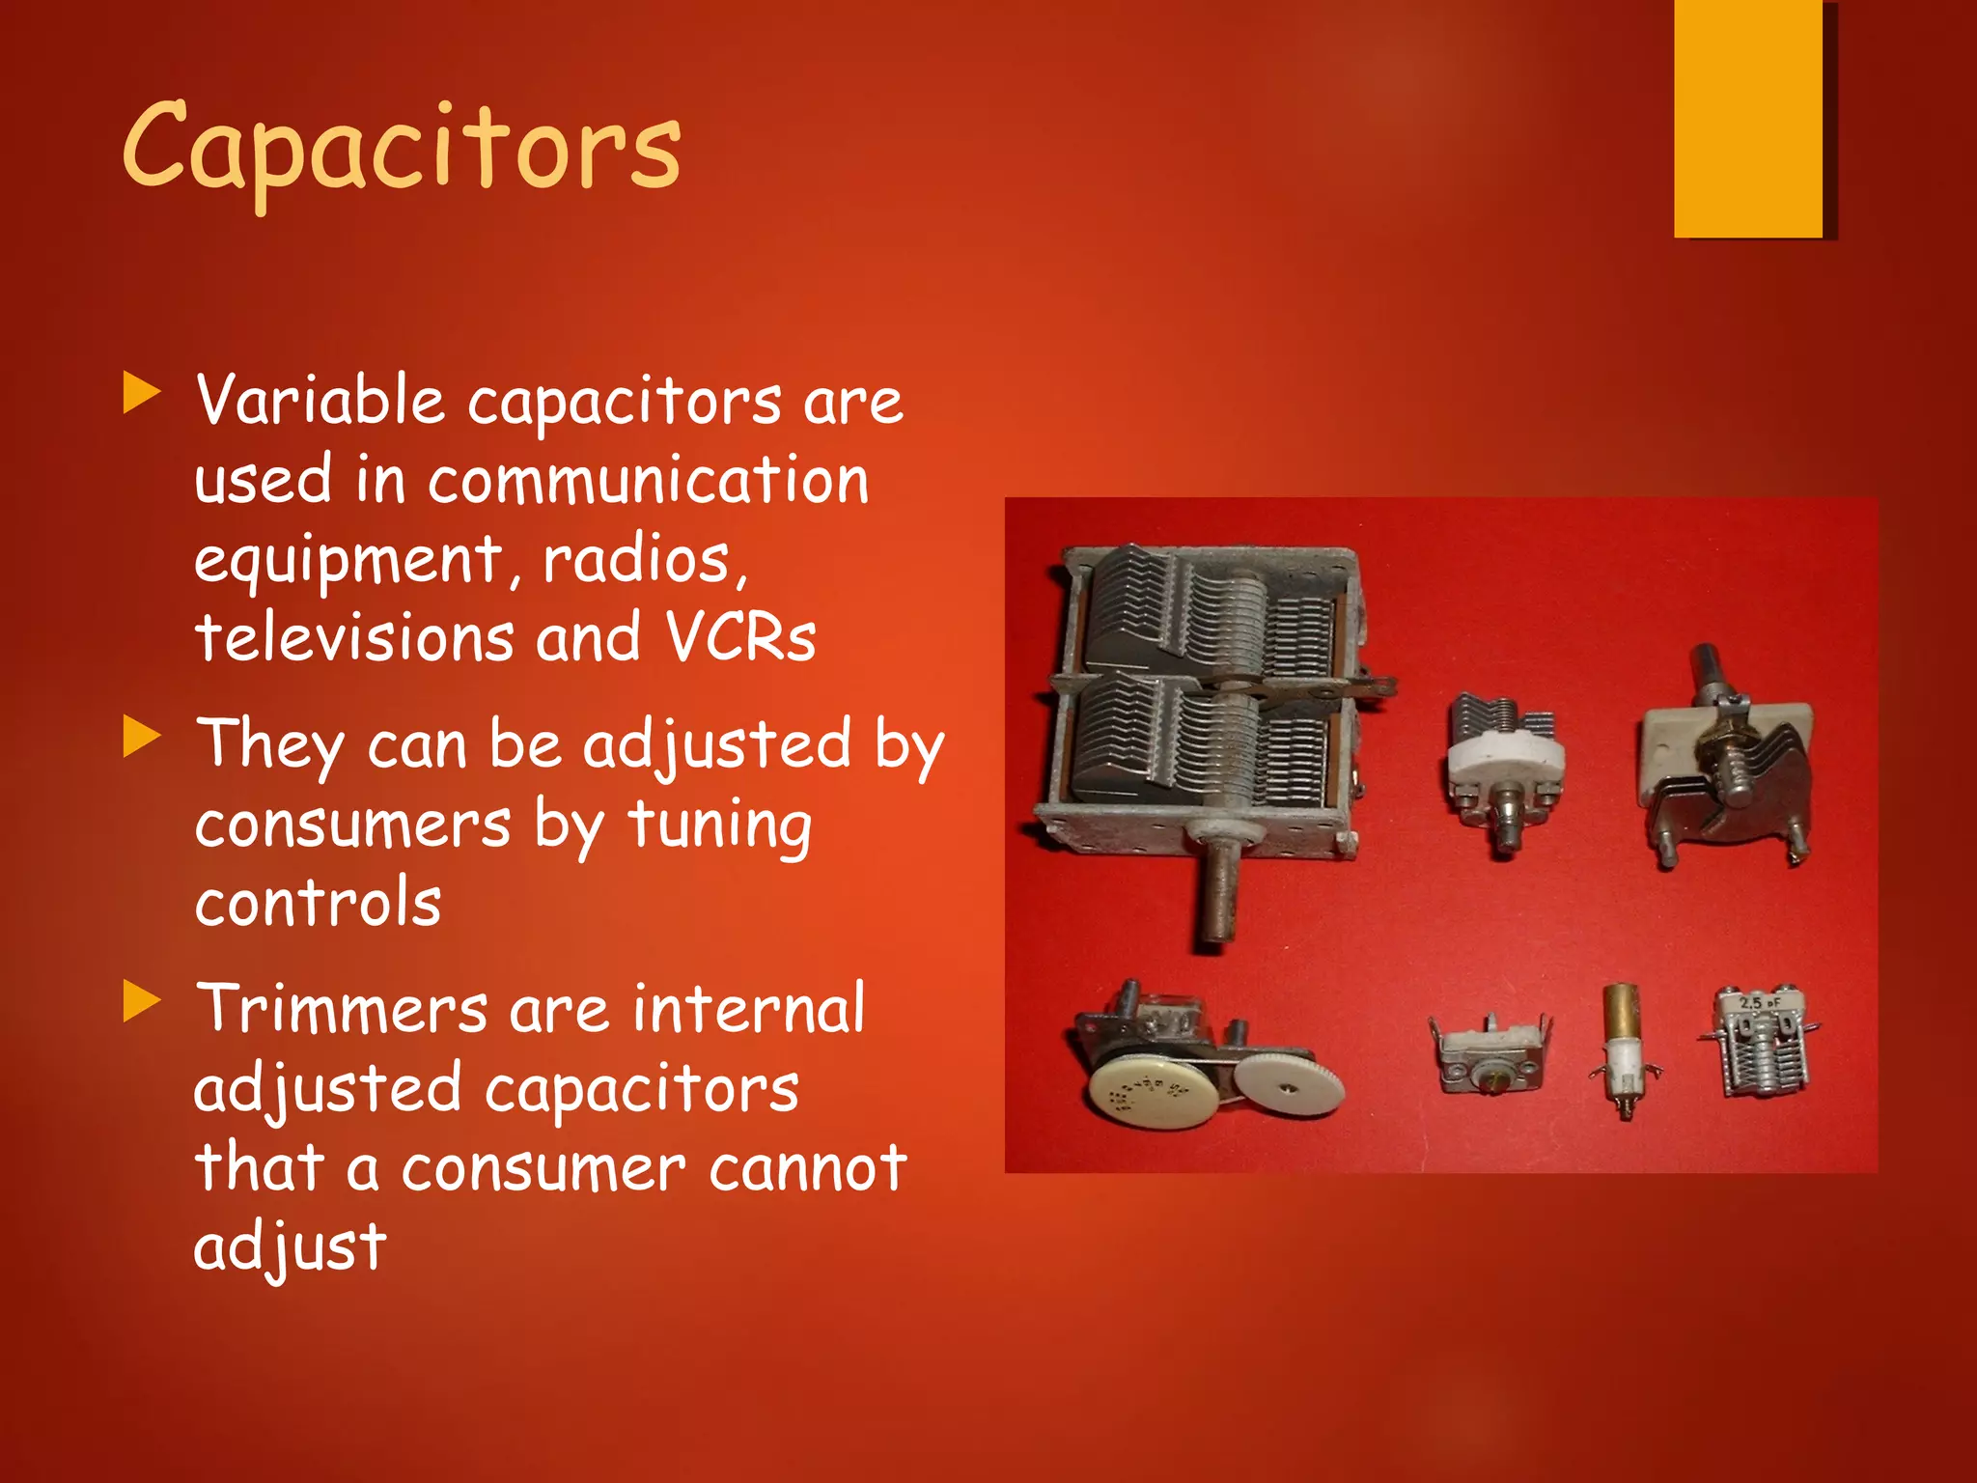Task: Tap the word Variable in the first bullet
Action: pyautogui.click(x=319, y=400)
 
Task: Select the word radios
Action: pyautogui.click(x=637, y=560)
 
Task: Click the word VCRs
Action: pyautogui.click(x=740, y=638)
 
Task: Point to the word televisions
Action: pyautogui.click(x=353, y=638)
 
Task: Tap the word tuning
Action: pyautogui.click(x=719, y=826)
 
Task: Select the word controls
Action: pyautogui.click(x=318, y=904)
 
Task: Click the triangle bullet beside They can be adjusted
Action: pyautogui.click(x=141, y=739)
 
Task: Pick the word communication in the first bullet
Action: pyautogui.click(x=648, y=481)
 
